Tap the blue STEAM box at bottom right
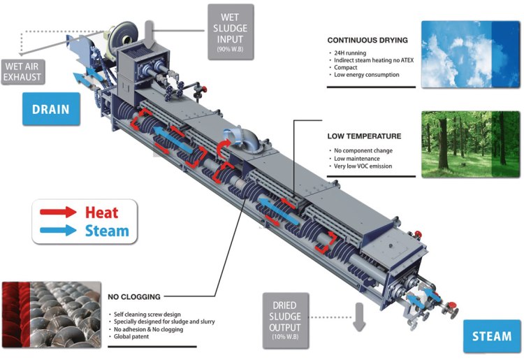click(492, 336)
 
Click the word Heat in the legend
click(101, 213)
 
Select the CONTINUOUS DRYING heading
click(367, 41)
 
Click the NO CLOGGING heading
click(134, 297)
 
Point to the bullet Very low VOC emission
click(362, 166)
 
